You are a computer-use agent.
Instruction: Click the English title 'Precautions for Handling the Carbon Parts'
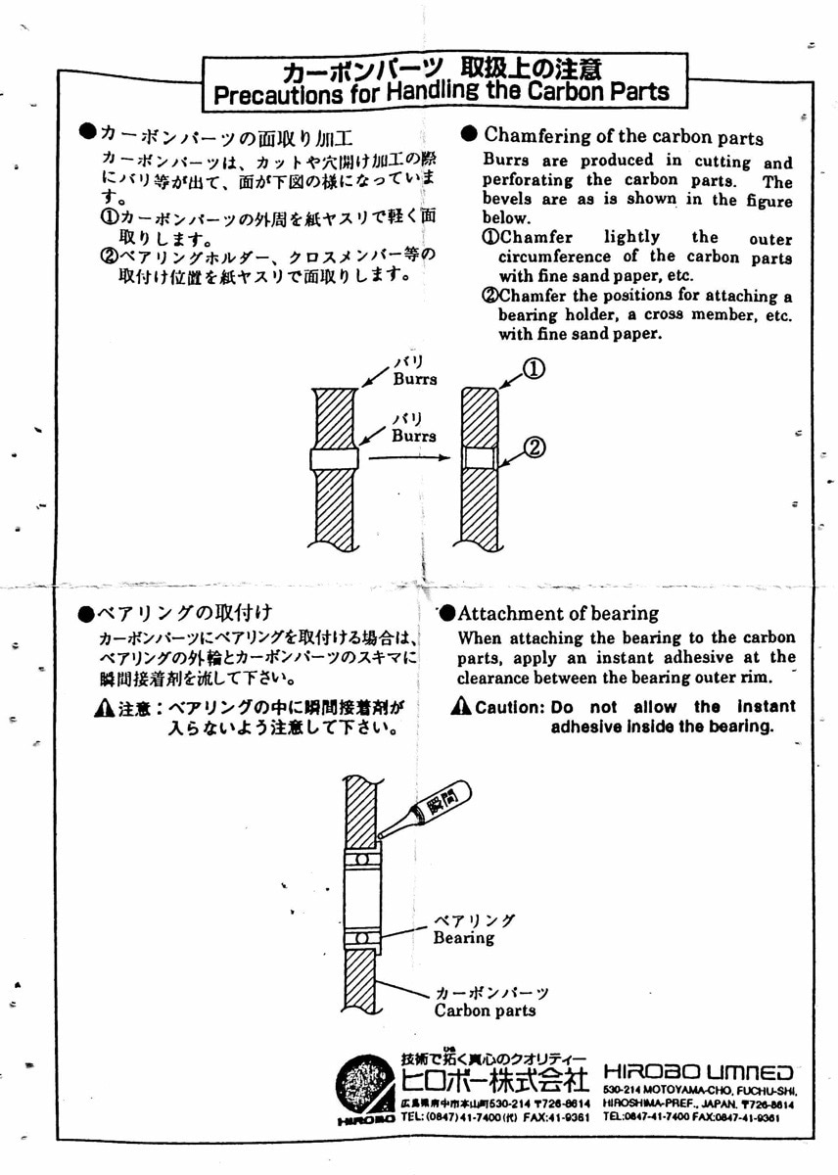(441, 94)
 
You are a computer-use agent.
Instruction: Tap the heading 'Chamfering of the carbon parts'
(623, 136)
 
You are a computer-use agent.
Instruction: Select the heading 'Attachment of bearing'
(558, 614)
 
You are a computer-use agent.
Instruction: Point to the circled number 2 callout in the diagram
(535, 447)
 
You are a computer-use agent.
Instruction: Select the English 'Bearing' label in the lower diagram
(464, 938)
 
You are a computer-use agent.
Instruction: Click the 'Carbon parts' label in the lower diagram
(485, 1010)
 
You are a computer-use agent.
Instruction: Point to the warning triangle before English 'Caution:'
(462, 706)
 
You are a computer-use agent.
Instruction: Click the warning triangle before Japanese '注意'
(104, 708)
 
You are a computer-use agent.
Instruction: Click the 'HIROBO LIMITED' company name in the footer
(698, 1072)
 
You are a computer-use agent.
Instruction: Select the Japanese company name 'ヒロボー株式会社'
(495, 1081)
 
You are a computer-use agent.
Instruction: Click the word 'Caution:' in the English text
(508, 707)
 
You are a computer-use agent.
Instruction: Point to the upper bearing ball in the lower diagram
(361, 859)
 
